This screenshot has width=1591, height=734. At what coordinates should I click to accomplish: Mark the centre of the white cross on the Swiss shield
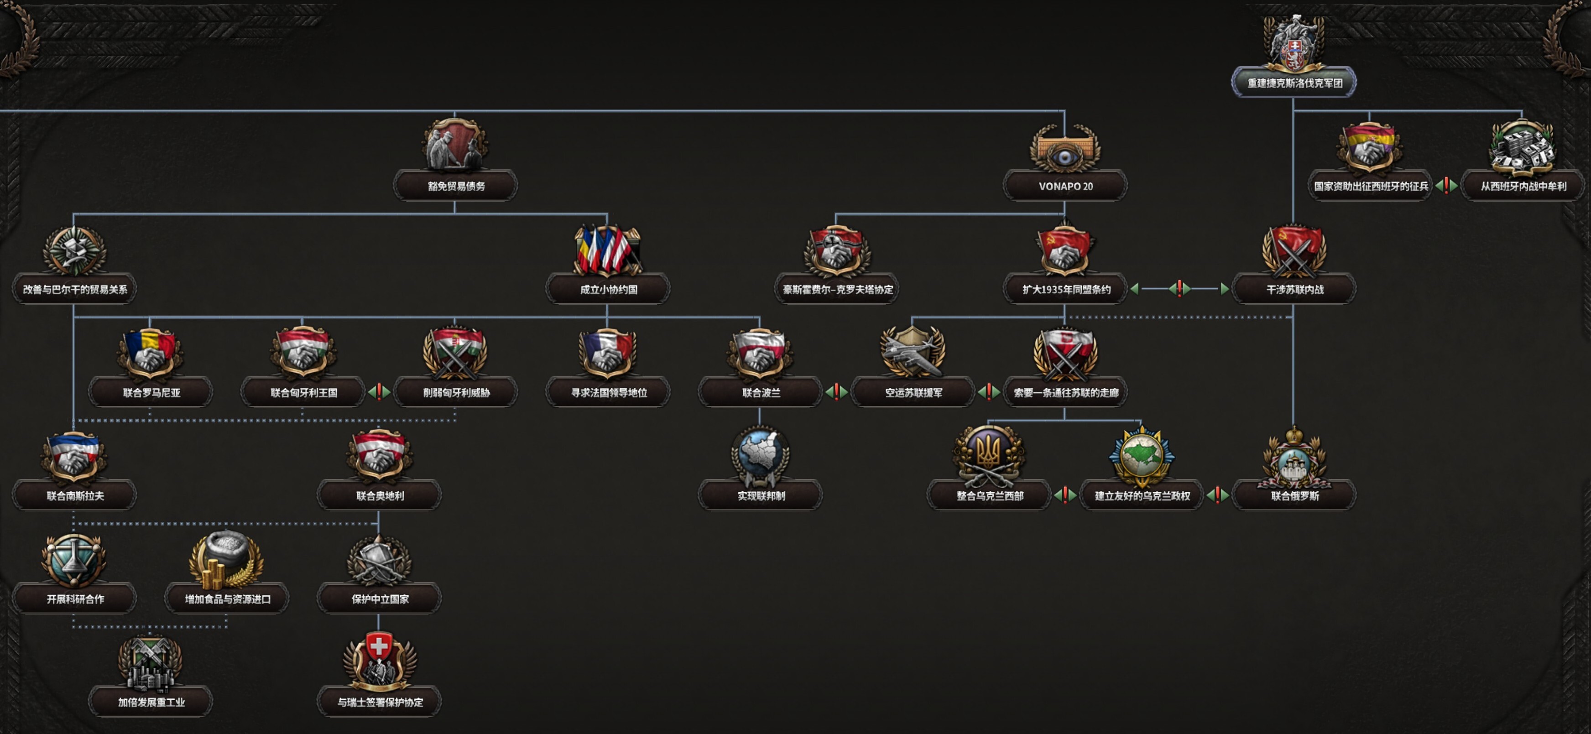pyautogui.click(x=379, y=647)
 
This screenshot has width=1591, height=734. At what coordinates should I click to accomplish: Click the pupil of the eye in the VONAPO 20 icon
pyautogui.click(x=1065, y=158)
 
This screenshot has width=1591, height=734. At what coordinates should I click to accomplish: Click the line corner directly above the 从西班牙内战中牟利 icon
pyautogui.click(x=1522, y=111)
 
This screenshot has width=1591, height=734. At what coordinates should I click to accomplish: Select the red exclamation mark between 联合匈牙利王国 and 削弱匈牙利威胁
pyautogui.click(x=379, y=391)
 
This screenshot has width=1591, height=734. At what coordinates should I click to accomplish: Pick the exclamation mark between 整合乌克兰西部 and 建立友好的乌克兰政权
pyautogui.click(x=1065, y=495)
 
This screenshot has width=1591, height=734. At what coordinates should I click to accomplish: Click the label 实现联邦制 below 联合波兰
pyautogui.click(x=761, y=496)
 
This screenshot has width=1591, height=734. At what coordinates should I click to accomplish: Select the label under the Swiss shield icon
pyautogui.click(x=380, y=702)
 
